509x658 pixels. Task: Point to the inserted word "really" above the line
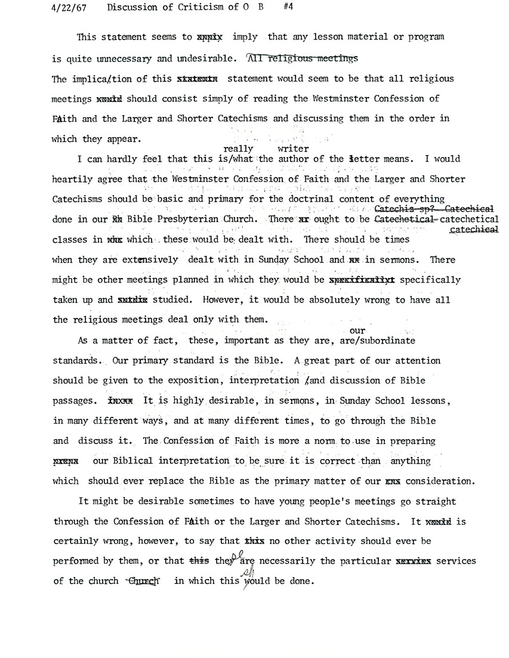tap(238, 149)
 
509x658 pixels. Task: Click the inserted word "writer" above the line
tap(293, 149)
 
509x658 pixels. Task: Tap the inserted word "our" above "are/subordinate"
tap(357, 330)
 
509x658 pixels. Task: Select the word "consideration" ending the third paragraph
tap(439, 481)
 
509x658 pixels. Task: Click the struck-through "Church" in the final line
tap(146, 582)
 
